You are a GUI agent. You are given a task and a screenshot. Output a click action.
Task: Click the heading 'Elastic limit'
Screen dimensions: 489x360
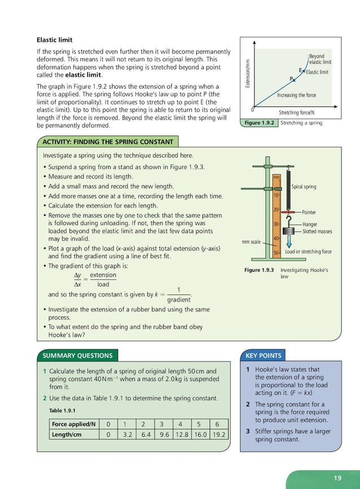pyautogui.click(x=54, y=40)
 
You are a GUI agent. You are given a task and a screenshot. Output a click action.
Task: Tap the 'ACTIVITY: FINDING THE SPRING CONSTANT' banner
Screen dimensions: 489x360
pyautogui.click(x=107, y=141)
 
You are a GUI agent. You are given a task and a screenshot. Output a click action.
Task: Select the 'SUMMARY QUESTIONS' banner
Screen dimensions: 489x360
pyautogui.click(x=78, y=355)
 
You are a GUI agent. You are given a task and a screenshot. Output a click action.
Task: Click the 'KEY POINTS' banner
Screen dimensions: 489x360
pyautogui.click(x=264, y=355)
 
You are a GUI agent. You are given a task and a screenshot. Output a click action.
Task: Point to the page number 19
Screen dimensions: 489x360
pyautogui.click(x=337, y=478)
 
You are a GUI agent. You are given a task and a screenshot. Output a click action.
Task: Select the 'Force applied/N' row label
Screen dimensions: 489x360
pyautogui.click(x=73, y=424)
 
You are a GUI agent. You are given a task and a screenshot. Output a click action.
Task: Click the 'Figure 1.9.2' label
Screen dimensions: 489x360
pyautogui.click(x=258, y=123)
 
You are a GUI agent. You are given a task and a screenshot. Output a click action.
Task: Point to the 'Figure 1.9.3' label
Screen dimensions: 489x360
pyautogui.click(x=260, y=270)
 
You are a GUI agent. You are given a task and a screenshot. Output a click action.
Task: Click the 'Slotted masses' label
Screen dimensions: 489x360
pyautogui.click(x=317, y=231)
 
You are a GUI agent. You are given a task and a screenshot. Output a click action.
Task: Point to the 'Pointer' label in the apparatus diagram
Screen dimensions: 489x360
pyautogui.click(x=309, y=213)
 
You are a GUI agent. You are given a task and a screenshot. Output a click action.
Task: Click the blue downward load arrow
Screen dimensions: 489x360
pyautogui.click(x=288, y=241)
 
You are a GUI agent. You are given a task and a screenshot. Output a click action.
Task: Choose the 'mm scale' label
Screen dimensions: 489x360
pyautogui.click(x=252, y=242)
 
